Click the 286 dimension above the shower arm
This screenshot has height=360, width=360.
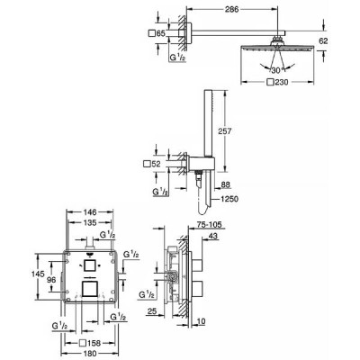point(231,9)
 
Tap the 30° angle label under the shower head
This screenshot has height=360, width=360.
point(276,71)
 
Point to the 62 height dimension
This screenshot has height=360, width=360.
point(323,40)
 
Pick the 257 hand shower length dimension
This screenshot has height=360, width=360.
point(225,131)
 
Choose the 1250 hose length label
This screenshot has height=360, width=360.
point(229,199)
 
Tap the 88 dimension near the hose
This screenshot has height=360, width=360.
point(226,184)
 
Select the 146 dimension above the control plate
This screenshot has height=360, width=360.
point(90,212)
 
